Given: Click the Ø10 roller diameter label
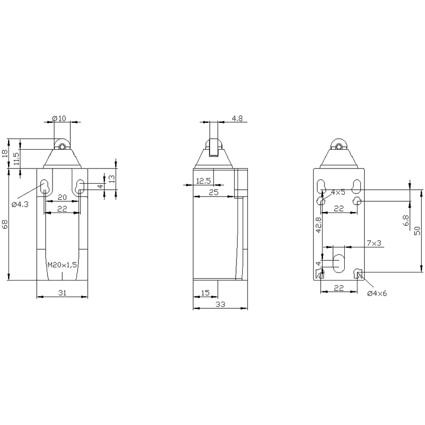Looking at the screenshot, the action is pyautogui.click(x=59, y=118).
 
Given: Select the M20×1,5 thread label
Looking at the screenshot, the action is pyautogui.click(x=62, y=265).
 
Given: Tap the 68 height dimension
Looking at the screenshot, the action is pyautogui.click(x=5, y=224).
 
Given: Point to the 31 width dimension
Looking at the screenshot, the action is pyautogui.click(x=62, y=293).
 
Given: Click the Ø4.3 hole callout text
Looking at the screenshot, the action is pyautogui.click(x=20, y=204).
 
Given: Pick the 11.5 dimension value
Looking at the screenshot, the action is pyautogui.click(x=16, y=159).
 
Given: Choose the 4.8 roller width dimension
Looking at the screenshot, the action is pyautogui.click(x=237, y=119).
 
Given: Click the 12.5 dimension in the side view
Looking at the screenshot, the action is pyautogui.click(x=203, y=181).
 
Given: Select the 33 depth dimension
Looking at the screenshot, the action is pyautogui.click(x=220, y=305).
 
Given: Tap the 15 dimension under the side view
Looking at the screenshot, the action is pyautogui.click(x=205, y=293).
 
